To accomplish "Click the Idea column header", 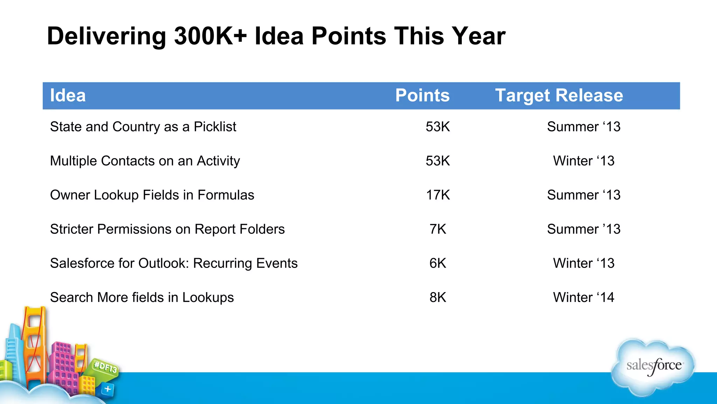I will pos(68,96).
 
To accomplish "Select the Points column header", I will pos(422,96).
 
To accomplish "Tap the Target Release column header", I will pos(559,96).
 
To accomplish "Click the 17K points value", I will pos(438,195).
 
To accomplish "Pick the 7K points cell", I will pos(438,229).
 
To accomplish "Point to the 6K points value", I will pos(438,263).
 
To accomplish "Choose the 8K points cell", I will pos(438,297).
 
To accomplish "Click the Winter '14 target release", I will pos(584,297).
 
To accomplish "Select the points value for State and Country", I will pos(438,127).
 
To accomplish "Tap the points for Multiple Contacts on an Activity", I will pos(438,161).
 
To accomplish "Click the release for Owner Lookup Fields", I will pos(584,195).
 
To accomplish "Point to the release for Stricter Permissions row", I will pos(584,229).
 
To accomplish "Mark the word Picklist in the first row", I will pos(215,127).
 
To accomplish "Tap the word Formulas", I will pos(226,195).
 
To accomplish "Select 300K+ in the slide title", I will pos(210,36).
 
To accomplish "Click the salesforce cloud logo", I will pos(653,367).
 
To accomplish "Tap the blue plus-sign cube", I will pos(108,389).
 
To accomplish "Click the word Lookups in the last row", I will pos(208,298).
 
